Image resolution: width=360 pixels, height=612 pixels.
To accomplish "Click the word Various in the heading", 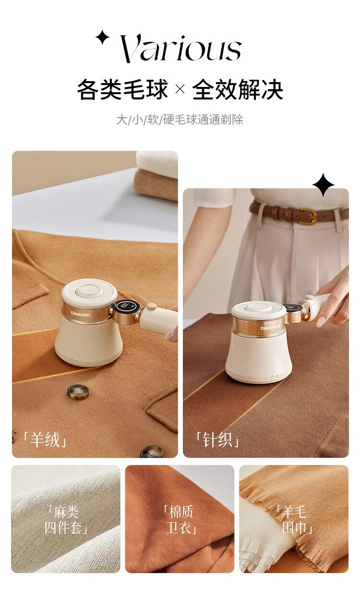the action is pyautogui.click(x=180, y=49).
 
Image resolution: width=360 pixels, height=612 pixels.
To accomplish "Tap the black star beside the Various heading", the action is pyautogui.click(x=102, y=37).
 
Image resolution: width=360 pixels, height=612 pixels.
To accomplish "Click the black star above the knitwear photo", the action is pyautogui.click(x=324, y=184).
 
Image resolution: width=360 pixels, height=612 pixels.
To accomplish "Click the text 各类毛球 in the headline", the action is pyautogui.click(x=122, y=89).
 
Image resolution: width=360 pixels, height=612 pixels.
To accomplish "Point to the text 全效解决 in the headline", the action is pyautogui.click(x=238, y=89).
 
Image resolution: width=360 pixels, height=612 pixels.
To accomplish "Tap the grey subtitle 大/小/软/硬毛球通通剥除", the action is pyautogui.click(x=180, y=120).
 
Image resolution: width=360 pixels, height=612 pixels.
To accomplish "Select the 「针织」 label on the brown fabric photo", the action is pyautogui.click(x=217, y=440).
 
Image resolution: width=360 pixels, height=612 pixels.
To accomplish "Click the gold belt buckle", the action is pyautogui.click(x=308, y=216).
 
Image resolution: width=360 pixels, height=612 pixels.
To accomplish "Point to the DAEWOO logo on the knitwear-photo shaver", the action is pyautogui.click(x=270, y=327).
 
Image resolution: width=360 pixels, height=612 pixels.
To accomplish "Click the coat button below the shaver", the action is pyautogui.click(x=78, y=392).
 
